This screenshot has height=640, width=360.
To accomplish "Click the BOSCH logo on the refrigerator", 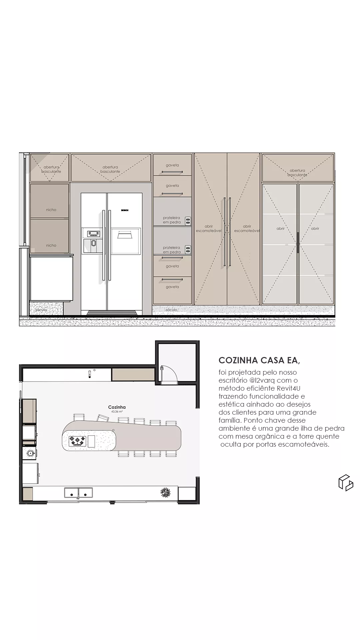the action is [125, 210].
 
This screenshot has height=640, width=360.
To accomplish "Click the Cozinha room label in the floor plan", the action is [117, 407].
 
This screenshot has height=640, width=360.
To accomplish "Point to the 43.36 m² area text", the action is [117, 412].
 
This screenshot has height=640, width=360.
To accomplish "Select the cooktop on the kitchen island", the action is [77, 441].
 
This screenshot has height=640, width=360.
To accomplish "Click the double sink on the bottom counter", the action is [78, 493].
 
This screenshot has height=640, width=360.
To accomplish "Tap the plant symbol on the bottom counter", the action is [165, 492].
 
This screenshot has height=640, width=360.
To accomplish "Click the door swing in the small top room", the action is [168, 373].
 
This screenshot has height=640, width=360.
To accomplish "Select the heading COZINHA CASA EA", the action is [259, 360].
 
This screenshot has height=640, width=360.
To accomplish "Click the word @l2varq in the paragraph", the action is [261, 380].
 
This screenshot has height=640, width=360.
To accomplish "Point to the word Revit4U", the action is [289, 388].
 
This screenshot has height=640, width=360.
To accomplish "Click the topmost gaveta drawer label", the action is [172, 165].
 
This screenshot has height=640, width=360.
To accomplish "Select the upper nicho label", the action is [51, 210].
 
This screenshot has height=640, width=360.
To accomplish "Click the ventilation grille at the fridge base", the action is [112, 313].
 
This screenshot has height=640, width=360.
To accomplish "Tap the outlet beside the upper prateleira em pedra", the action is [188, 220].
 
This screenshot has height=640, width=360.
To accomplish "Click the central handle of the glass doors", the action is [298, 242].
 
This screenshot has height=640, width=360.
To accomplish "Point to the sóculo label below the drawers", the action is [171, 310].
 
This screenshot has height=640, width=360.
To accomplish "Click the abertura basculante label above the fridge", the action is [110, 169].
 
